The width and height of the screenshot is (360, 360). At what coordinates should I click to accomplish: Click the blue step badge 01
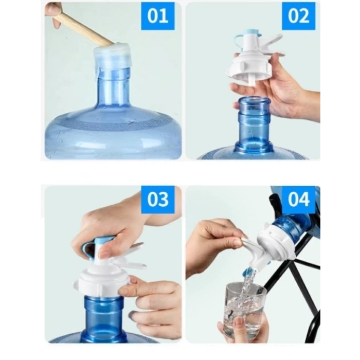point(157,16)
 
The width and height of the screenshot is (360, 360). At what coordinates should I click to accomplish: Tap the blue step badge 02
point(298,16)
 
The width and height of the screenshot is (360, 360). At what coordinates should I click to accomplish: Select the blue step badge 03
point(157,200)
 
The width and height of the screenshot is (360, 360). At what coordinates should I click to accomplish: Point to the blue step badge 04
point(298,200)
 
